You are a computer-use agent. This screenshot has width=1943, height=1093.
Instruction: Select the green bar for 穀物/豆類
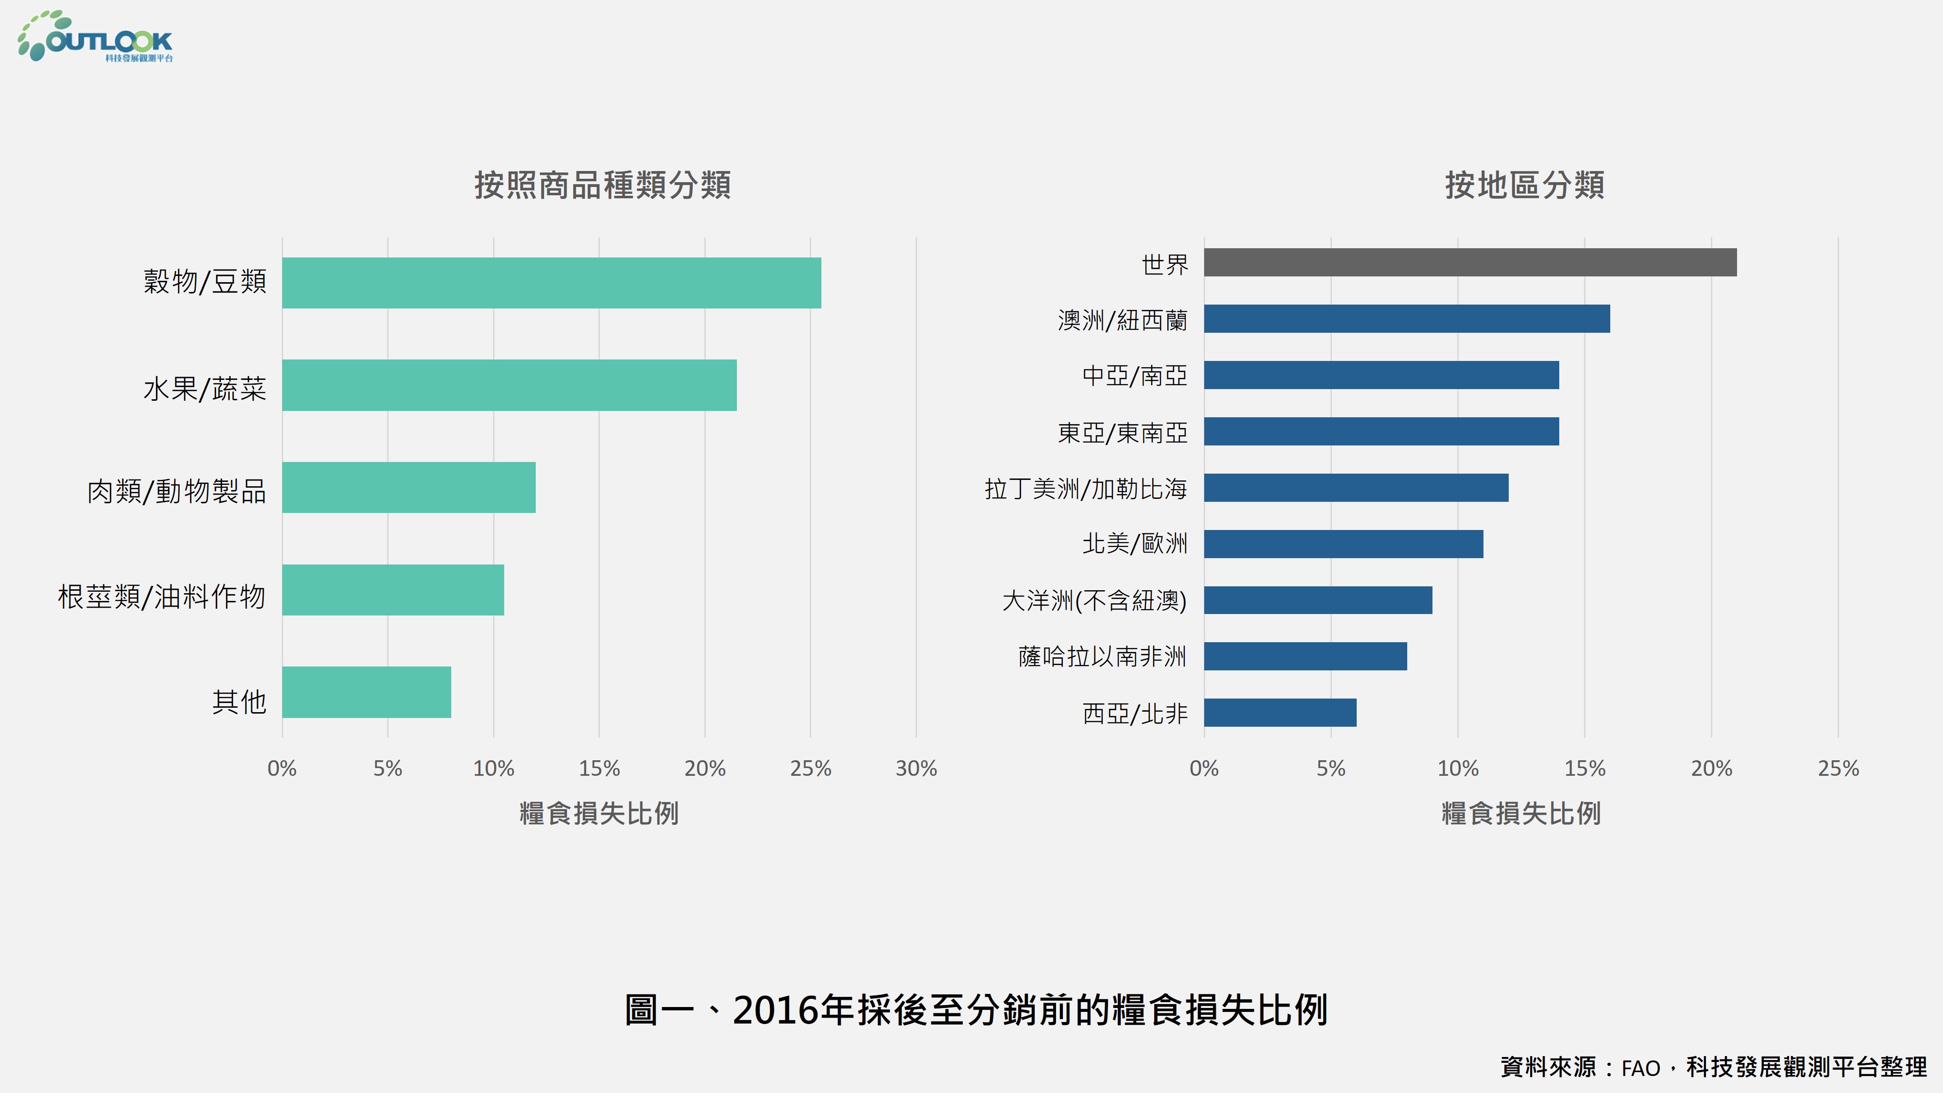click(551, 283)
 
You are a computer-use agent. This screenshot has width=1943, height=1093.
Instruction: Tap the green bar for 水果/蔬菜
click(509, 385)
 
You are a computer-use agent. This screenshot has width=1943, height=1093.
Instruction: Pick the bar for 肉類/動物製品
click(409, 487)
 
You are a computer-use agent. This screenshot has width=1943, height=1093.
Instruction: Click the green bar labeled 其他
click(367, 692)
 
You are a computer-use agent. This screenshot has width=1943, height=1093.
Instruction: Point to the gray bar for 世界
click(1469, 262)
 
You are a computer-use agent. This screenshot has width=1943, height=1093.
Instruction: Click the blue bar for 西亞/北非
click(1280, 713)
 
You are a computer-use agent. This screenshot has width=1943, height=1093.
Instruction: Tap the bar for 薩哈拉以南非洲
click(1305, 656)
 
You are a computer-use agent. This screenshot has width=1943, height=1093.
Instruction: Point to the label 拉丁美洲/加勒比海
click(1085, 489)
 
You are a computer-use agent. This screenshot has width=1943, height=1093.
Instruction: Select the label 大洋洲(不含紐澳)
click(1094, 600)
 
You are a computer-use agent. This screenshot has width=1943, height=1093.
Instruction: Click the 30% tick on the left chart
click(916, 769)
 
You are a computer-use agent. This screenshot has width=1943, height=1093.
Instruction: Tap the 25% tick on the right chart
click(1838, 769)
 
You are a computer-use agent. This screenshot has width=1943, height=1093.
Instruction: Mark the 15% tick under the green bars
click(599, 769)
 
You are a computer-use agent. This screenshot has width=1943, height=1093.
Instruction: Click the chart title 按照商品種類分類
click(602, 185)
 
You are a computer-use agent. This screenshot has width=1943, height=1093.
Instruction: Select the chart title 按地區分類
click(1524, 185)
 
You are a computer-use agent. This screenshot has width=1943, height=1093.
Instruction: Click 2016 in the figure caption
click(775, 1010)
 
